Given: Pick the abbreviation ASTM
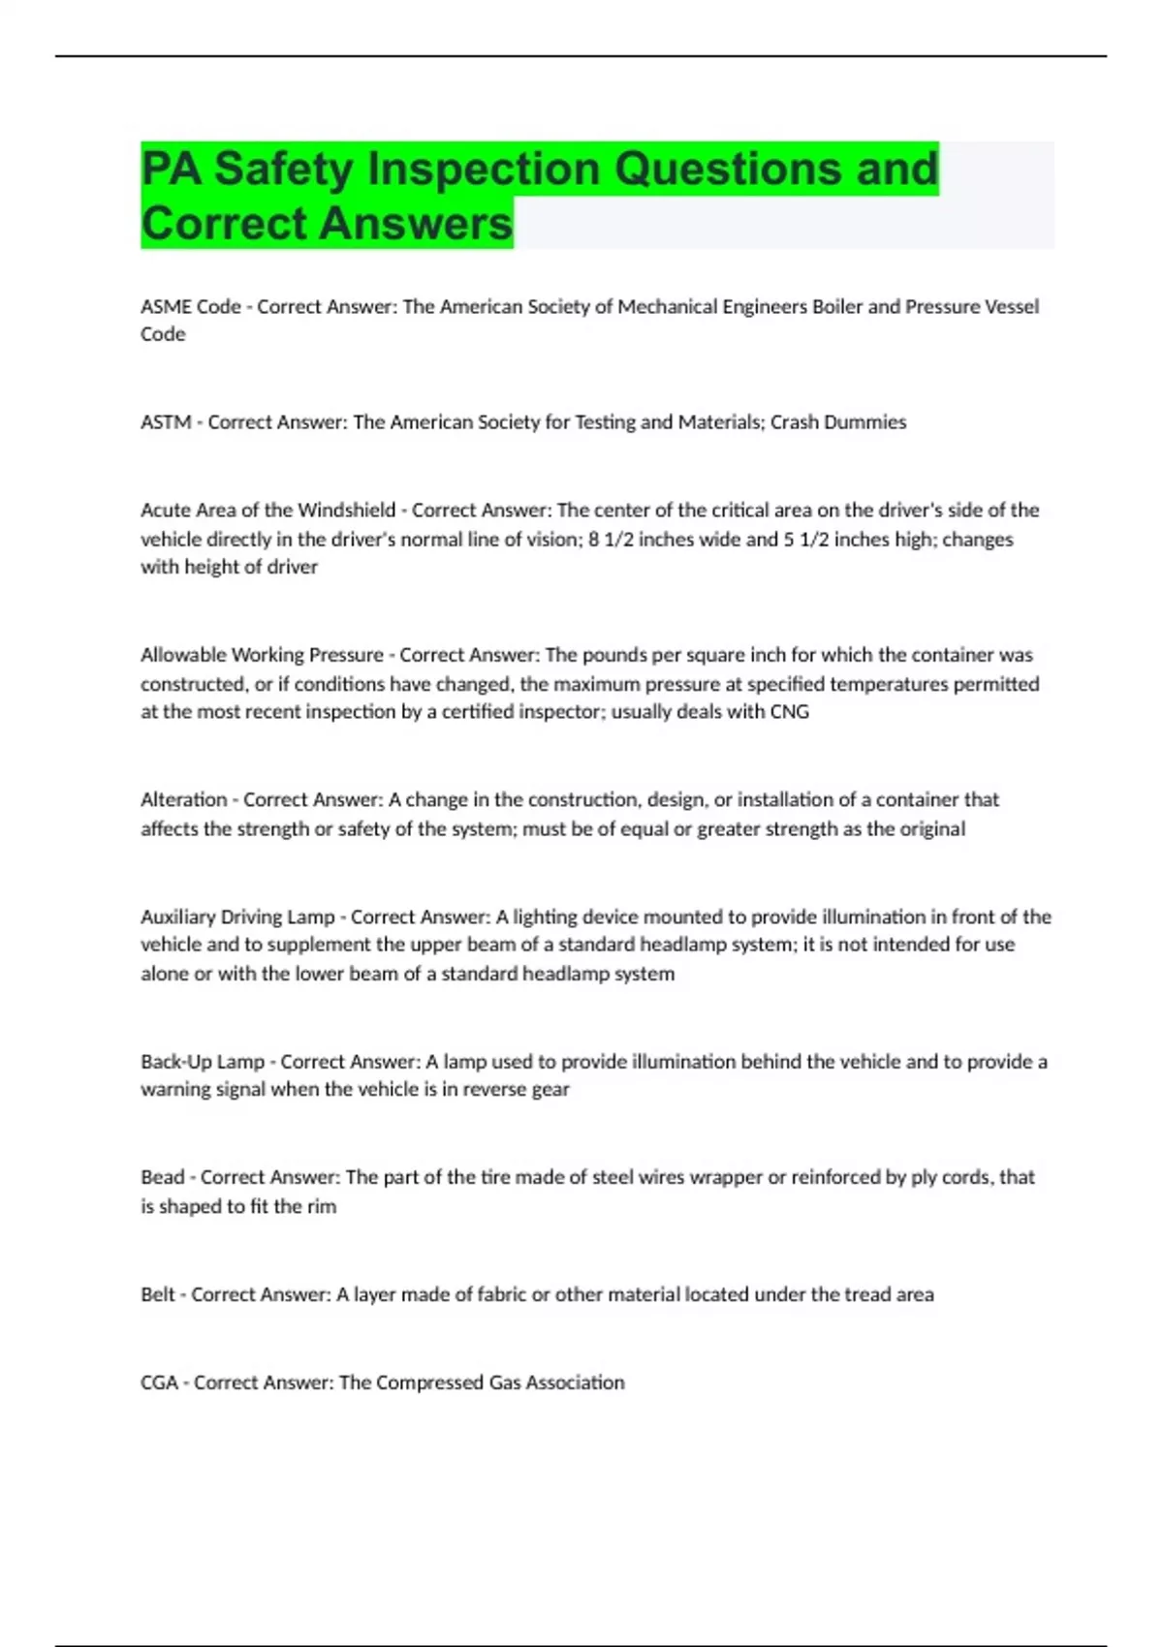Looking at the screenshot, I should [166, 422].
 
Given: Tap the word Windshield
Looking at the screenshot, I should [346, 510].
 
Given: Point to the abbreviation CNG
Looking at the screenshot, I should [789, 712].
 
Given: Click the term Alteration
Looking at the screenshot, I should [183, 800].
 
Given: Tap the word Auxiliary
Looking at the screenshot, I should [177, 917].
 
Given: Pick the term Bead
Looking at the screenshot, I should [162, 1177].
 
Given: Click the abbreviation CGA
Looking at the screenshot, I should [159, 1383].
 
